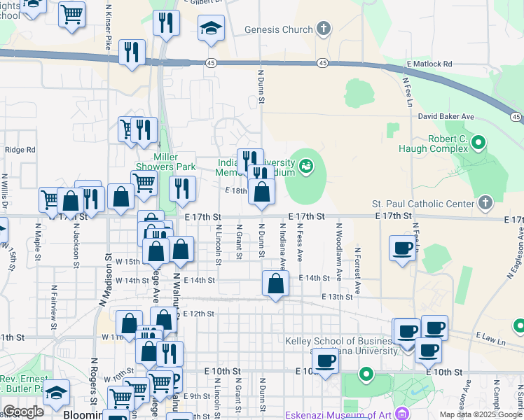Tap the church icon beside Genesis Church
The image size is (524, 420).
point(323,29)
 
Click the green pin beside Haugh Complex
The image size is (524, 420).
point(479,143)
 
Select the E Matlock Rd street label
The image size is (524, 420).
point(429,64)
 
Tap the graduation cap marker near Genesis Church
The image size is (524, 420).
point(211,29)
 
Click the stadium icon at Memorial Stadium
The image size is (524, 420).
point(305,166)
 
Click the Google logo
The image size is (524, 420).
point(23,411)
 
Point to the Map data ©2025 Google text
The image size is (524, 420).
point(481,414)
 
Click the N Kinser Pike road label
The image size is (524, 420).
point(109,29)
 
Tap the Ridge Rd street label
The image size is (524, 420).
point(20,150)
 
